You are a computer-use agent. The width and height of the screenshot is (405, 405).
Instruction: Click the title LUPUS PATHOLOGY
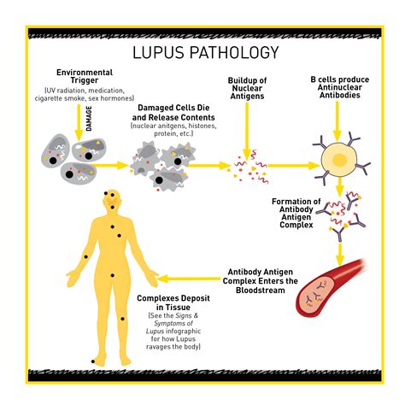pyautogui.click(x=205, y=53)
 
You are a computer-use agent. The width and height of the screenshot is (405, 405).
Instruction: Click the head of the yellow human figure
pyautogui.click(x=112, y=202)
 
